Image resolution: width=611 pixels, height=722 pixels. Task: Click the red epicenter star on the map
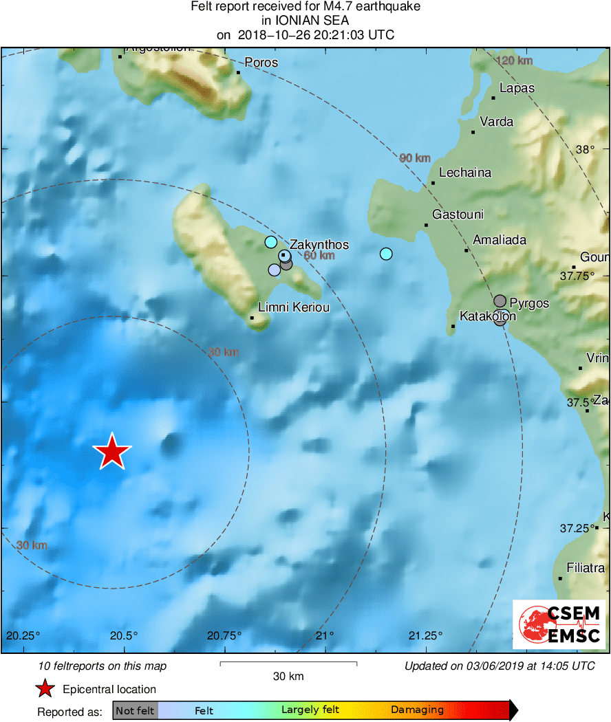(x=111, y=452)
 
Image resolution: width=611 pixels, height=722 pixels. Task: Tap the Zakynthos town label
(x=319, y=245)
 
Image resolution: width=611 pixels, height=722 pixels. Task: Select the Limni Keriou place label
(x=294, y=307)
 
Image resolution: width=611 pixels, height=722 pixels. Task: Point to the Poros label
(x=261, y=63)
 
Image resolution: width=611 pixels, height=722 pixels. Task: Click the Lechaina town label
(x=465, y=173)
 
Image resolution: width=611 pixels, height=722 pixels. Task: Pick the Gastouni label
(x=458, y=215)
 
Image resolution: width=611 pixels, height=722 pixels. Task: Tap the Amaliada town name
(x=500, y=240)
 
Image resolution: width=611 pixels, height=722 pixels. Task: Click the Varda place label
(x=497, y=122)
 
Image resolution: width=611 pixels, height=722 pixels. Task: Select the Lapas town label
(x=517, y=88)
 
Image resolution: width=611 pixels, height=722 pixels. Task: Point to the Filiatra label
(x=586, y=568)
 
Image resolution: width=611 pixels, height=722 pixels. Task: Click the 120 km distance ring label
(x=514, y=61)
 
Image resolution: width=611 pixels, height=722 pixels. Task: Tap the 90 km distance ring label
(x=415, y=159)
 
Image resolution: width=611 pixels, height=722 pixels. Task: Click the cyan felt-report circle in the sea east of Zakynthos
(x=385, y=254)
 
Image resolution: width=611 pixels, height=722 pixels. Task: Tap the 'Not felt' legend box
(x=135, y=710)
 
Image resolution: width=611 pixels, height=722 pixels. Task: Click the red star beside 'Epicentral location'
(x=45, y=689)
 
